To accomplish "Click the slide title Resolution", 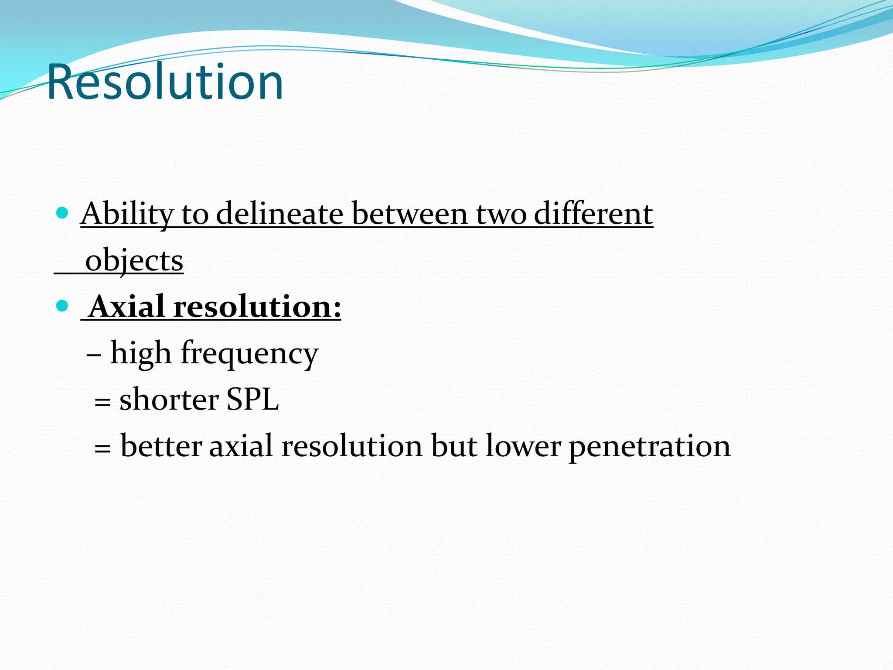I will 165,82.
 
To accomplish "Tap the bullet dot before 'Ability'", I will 63,213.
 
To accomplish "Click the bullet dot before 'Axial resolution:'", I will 63,306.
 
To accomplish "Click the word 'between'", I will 409,214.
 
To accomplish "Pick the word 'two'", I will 501,215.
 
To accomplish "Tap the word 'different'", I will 593,214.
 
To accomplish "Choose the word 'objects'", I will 134,261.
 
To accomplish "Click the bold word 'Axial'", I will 127,306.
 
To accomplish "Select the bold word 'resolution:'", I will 257,306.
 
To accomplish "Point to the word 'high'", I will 141,353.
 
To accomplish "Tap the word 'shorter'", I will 169,399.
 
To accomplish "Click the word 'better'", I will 161,446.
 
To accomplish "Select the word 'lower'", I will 523,446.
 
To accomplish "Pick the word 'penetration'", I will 650,447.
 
